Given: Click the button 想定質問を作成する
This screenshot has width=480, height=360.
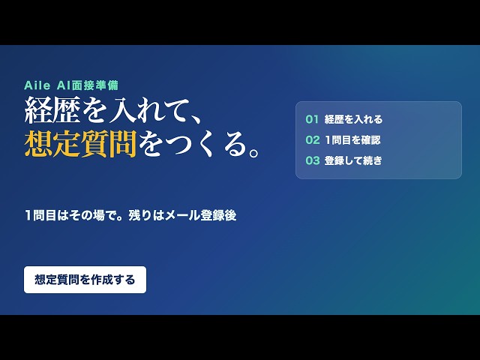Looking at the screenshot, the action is pyautogui.click(x=85, y=280).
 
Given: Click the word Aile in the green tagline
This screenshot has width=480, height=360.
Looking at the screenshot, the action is pyautogui.click(x=37, y=85).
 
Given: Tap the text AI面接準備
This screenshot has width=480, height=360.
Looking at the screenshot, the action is pyautogui.click(x=88, y=85).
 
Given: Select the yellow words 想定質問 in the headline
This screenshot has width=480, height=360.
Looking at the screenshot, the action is pyautogui.click(x=80, y=144).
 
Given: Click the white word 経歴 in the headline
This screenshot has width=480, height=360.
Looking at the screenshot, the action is pyautogui.click(x=52, y=110).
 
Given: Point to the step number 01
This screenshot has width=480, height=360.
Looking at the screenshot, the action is pyautogui.click(x=312, y=119).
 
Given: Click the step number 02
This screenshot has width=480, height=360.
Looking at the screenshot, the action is pyautogui.click(x=313, y=140).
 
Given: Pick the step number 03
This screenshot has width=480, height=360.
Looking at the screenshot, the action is pyautogui.click(x=313, y=160).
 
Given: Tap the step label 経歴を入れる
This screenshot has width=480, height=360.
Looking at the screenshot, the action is pyautogui.click(x=353, y=119).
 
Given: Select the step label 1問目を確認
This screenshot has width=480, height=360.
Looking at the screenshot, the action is pyautogui.click(x=353, y=140).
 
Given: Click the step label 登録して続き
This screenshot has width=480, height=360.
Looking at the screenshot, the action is pyautogui.click(x=353, y=160).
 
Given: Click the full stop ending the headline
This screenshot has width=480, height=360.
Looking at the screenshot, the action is pyautogui.click(x=254, y=152).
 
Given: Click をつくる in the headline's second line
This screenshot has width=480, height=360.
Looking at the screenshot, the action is pyautogui.click(x=193, y=144).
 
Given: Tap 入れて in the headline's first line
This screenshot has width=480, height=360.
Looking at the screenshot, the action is pyautogui.click(x=149, y=110).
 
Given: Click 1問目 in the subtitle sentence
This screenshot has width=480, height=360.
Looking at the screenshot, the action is pyautogui.click(x=40, y=215).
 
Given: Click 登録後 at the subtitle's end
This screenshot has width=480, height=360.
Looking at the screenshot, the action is pyautogui.click(x=218, y=215).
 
